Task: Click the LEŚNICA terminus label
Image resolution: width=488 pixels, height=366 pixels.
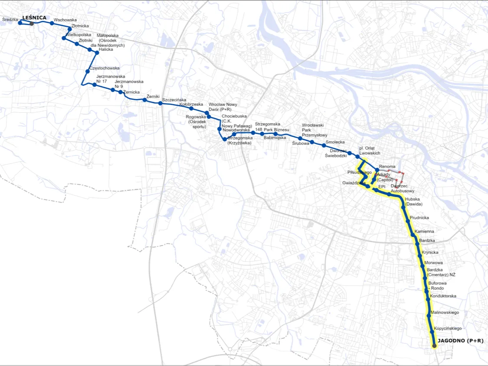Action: click(34, 17)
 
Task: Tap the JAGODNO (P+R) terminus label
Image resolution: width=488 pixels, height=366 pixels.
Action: click(460, 341)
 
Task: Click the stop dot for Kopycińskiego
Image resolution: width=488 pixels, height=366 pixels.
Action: click(432, 332)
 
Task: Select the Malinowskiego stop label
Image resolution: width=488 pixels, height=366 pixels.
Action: click(445, 312)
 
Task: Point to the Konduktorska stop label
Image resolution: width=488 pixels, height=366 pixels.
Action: click(443, 296)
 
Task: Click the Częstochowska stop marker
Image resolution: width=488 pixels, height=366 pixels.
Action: click(88, 71)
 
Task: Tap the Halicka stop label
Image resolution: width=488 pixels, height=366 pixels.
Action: click(105, 49)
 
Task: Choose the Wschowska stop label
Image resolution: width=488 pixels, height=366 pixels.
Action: click(65, 20)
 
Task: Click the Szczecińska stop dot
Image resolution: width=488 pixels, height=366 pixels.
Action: click(160, 103)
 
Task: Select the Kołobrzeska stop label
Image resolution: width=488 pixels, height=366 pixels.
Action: click(191, 104)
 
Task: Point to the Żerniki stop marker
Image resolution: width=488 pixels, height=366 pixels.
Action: click(144, 100)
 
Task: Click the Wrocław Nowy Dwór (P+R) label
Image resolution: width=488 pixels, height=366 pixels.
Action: click(223, 107)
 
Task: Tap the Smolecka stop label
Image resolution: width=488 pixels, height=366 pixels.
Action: click(335, 142)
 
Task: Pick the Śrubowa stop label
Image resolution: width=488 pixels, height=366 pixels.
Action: click(300, 143)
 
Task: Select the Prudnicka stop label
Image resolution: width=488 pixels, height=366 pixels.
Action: click(419, 217)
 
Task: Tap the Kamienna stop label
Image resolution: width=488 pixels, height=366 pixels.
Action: click(424, 232)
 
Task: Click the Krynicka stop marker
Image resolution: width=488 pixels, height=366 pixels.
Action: click(419, 256)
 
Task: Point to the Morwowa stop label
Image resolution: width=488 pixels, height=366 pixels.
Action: click(433, 263)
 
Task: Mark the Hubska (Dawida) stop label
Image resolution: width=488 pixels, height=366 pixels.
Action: click(413, 202)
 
